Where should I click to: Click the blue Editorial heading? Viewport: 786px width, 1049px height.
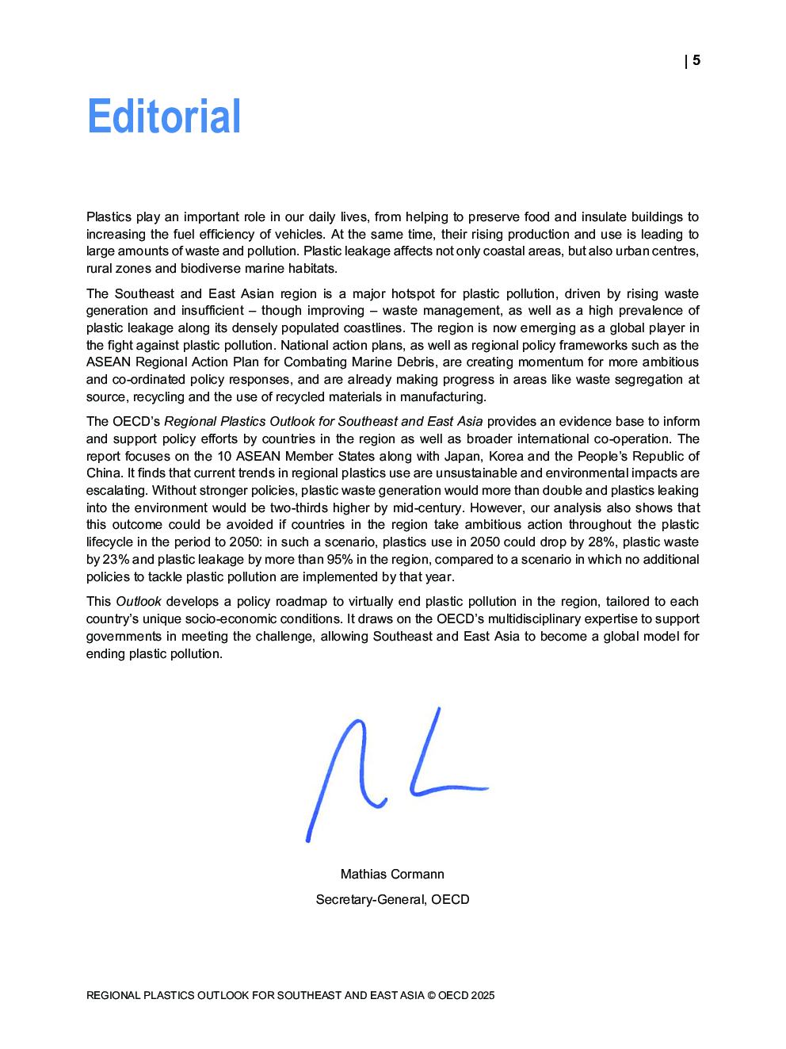[x=164, y=117]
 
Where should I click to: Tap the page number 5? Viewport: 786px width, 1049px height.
[x=696, y=60]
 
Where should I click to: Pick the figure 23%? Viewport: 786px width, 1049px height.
[x=116, y=560]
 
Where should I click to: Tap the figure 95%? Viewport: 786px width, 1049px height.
[x=339, y=560]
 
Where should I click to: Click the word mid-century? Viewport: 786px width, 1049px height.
[x=428, y=508]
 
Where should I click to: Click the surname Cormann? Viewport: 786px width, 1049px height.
[x=418, y=874]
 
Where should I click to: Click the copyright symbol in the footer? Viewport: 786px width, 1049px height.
[x=431, y=995]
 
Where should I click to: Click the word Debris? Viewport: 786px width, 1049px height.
[x=415, y=362]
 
